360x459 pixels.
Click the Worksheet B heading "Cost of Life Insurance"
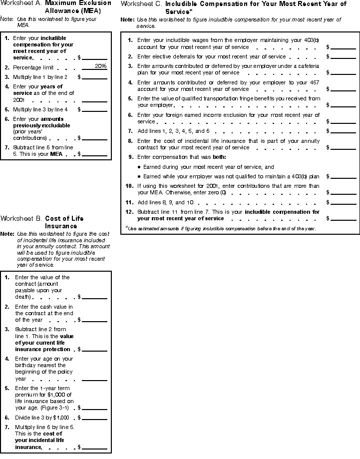pos(64,222)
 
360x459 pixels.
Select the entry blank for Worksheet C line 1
pos(343,47)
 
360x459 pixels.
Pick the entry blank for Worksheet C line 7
pos(343,131)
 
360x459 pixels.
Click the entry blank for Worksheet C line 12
pos(343,218)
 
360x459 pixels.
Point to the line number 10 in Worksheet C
pos(129,186)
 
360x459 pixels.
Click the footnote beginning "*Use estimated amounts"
pos(220,228)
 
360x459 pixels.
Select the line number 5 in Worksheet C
pos(130,99)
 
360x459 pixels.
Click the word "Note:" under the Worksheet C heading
pos(127,19)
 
